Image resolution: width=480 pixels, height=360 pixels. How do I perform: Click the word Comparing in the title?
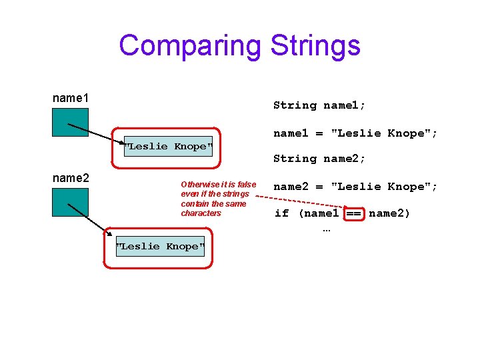191,46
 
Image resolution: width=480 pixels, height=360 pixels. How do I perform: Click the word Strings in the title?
315,46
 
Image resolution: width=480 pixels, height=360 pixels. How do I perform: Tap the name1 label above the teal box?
71,98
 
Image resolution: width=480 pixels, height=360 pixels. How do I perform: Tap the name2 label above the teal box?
71,178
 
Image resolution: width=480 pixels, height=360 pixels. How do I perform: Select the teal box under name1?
70,122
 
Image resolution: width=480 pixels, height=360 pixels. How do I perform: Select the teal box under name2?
70,202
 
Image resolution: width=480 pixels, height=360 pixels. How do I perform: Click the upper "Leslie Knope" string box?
167,146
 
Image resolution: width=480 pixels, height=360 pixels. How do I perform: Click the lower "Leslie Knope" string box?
160,246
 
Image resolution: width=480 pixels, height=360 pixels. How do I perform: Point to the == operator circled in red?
353,213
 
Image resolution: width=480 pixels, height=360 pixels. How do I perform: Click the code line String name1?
319,105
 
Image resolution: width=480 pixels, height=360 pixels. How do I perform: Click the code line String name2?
319,159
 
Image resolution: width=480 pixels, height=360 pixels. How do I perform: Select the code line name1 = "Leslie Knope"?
355,133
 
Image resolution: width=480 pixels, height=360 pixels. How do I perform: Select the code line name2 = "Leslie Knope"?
355,187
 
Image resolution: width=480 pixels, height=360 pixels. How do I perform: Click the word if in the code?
281,213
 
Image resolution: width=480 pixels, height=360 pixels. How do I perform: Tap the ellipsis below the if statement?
326,230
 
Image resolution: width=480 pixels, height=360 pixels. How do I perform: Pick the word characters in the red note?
201,213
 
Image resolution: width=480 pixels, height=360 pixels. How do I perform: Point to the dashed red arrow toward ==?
300,201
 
